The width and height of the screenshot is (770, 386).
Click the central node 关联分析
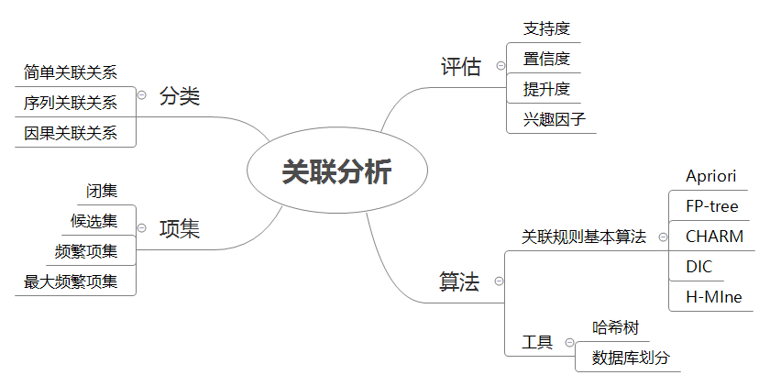[x=336, y=172]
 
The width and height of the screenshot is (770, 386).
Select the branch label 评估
[x=460, y=66]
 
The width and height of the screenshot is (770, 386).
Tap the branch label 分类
[x=180, y=95]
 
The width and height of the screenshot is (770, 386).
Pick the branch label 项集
[x=180, y=228]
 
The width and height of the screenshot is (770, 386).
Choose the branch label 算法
[x=459, y=281]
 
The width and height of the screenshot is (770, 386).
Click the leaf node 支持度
[x=546, y=29]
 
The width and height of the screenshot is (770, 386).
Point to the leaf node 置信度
[x=546, y=60]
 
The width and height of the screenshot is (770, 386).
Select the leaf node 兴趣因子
[x=554, y=119]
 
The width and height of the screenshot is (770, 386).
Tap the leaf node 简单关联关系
[x=71, y=72]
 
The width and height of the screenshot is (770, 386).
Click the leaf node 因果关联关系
[x=71, y=133]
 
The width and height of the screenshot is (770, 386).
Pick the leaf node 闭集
[x=102, y=191]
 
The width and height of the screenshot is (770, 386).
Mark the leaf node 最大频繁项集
[x=71, y=281]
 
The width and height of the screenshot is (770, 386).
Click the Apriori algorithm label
[x=710, y=176]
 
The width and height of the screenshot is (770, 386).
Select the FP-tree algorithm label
[x=711, y=206]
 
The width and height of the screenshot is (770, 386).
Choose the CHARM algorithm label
[x=714, y=237]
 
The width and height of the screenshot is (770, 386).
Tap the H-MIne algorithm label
[x=714, y=296]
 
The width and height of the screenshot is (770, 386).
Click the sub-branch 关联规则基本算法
[x=584, y=237]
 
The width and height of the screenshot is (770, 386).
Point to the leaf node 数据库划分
[x=631, y=358]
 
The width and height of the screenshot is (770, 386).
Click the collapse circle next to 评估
[x=500, y=65]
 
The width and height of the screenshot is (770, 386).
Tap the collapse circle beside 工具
[x=569, y=343]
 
